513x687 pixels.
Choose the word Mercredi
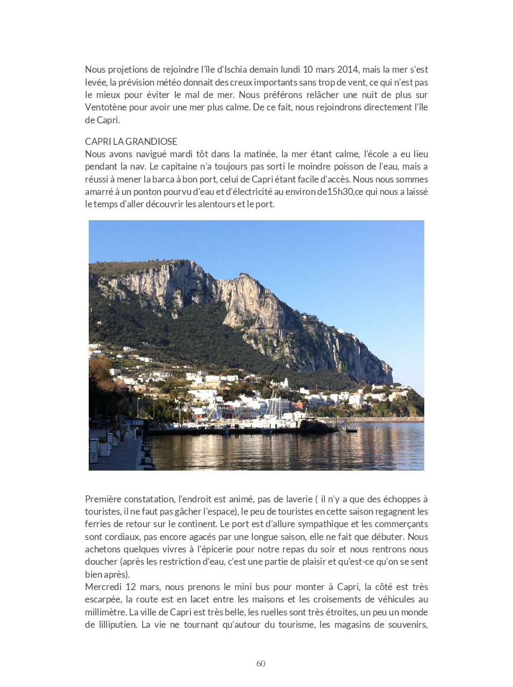tap(103, 587)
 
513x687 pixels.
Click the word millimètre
tap(106, 612)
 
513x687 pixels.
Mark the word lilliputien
tap(117, 625)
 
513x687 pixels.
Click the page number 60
tap(261, 664)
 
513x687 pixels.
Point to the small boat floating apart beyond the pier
tap(352, 429)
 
